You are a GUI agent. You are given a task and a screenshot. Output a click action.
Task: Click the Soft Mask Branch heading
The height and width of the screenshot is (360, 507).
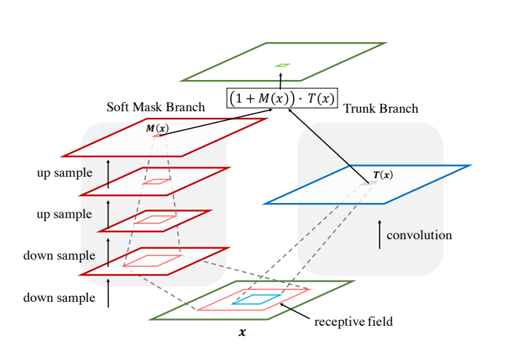[x=156, y=107]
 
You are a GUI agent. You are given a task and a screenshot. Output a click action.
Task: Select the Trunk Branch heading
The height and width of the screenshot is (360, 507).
[x=380, y=108]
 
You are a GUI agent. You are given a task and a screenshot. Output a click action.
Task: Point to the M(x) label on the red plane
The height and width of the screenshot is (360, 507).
[x=156, y=129]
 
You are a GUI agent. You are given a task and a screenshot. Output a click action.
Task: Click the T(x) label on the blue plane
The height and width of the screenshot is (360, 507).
[x=383, y=175]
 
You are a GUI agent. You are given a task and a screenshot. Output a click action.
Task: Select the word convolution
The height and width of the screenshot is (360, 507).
[x=419, y=235]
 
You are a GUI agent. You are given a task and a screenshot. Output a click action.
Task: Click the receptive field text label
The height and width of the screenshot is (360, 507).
[x=354, y=321]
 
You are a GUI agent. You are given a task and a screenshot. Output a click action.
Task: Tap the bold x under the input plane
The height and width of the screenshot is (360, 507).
[x=242, y=333]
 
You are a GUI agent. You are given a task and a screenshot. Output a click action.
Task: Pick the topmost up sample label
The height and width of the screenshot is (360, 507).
[x=65, y=173]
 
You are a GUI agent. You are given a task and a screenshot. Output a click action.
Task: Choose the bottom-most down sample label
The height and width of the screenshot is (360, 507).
[x=60, y=297]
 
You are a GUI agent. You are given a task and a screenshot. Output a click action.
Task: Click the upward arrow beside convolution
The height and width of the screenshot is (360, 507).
[x=379, y=235]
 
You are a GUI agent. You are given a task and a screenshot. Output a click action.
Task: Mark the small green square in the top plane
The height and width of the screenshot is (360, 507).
[x=282, y=65]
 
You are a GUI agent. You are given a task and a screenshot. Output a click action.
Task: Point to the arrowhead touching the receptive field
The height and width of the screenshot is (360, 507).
[x=282, y=305]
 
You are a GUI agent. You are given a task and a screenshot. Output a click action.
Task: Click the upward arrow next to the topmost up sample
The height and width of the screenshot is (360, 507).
[x=108, y=174]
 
